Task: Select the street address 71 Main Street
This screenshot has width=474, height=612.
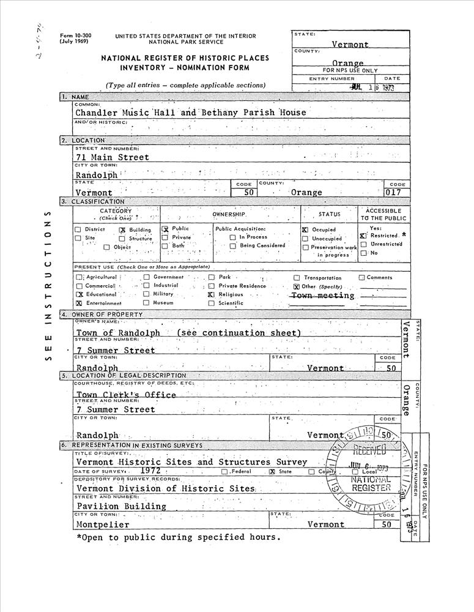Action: click(x=112, y=157)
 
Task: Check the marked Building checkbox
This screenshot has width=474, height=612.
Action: click(x=122, y=229)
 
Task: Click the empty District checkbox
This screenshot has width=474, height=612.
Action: click(x=78, y=229)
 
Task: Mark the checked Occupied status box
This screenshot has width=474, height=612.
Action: click(x=305, y=229)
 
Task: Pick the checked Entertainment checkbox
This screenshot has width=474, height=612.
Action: click(x=79, y=303)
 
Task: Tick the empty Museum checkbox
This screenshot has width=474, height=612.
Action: click(x=146, y=302)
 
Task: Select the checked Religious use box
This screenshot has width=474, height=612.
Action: click(x=211, y=294)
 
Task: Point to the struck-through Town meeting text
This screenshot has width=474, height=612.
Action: click(x=322, y=296)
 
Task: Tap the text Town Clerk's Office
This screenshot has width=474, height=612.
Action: click(x=126, y=395)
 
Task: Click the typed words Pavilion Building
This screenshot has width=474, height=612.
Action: click(x=121, y=506)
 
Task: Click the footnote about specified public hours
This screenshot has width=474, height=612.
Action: click(x=179, y=538)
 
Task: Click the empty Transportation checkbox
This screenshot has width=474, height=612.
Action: click(x=297, y=278)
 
